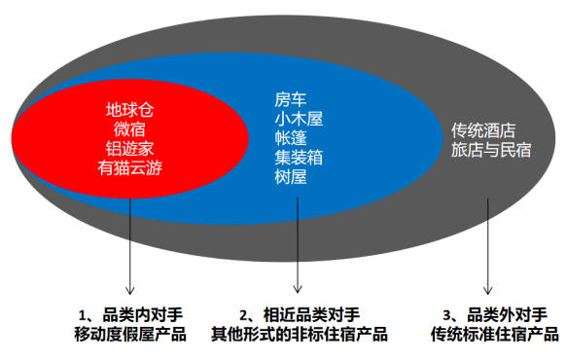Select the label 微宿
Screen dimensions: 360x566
(x=129, y=129)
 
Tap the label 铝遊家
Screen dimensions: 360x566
(x=129, y=148)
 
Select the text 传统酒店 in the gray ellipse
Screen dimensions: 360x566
(x=482, y=131)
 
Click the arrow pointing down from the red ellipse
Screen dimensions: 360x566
(x=129, y=234)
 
